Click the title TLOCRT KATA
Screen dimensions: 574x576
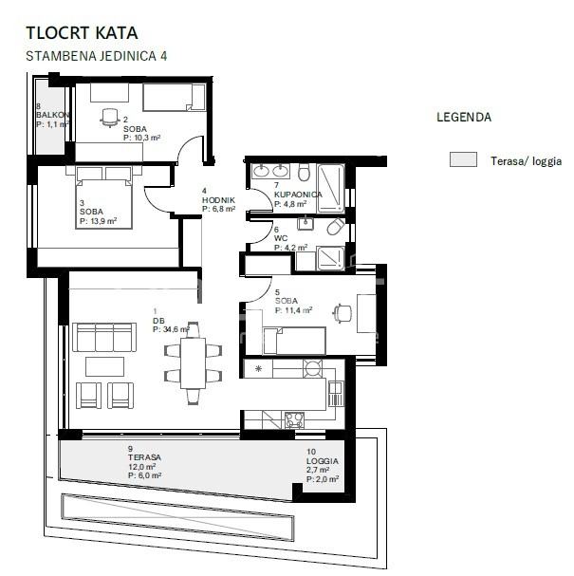82,34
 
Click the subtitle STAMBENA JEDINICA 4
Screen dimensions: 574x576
97,56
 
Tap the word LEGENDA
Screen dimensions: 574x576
463,119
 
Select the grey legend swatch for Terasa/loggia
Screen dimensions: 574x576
463,160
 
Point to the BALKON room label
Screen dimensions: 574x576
53,115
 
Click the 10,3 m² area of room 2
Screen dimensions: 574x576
142,138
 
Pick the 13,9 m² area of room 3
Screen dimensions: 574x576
98,220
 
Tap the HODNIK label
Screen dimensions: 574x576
217,201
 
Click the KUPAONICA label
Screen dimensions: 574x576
298,195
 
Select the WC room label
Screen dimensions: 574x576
281,238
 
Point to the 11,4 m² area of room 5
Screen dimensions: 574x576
295,309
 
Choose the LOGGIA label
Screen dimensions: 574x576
322,460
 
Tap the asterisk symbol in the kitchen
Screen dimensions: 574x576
258,367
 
